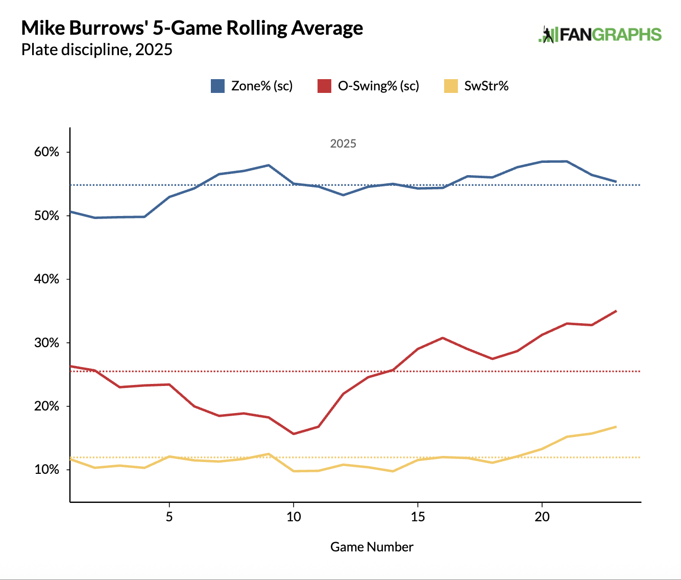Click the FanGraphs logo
600,35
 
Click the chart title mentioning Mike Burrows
192,28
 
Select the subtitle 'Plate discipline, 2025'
96,50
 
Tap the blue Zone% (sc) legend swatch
217,86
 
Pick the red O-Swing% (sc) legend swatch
324,86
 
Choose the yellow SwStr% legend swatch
451,86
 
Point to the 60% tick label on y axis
47,152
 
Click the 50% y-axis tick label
47,216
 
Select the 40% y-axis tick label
47,279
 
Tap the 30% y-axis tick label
47,343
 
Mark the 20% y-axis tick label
47,406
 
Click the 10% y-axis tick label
47,470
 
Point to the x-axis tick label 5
169,517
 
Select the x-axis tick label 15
418,517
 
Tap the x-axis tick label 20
542,517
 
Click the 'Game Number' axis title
372,547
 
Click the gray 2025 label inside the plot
343,143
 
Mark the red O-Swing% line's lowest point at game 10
294,434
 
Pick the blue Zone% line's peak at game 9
269,165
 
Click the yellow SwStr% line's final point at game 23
616,427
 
